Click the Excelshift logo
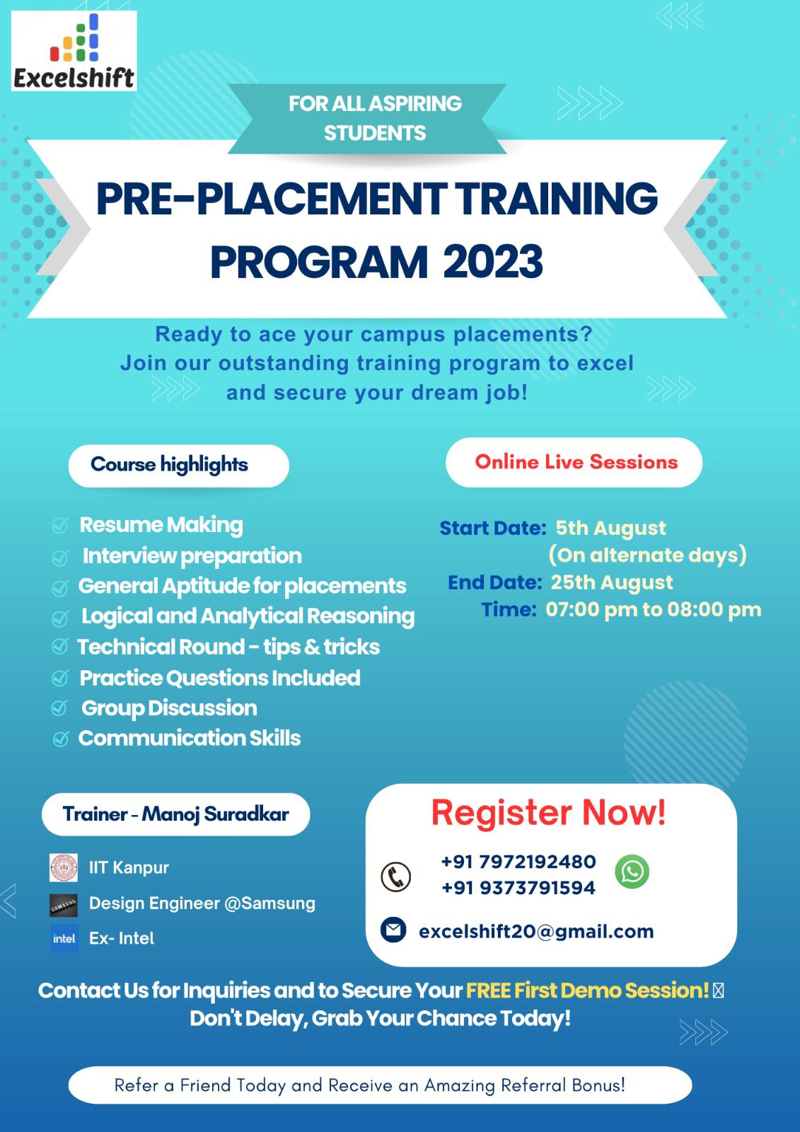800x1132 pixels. coord(74,50)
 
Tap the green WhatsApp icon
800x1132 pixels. coord(632,871)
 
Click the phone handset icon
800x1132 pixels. coord(395,877)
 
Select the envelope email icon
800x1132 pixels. coord(393,930)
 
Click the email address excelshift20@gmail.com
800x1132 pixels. coord(536,931)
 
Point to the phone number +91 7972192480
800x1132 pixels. coord(518,861)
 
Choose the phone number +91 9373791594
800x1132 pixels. coord(518,887)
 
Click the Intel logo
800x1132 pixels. coord(64,938)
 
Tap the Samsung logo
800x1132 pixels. coord(64,905)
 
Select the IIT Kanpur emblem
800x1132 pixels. coord(64,867)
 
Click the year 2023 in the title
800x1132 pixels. coord(493,262)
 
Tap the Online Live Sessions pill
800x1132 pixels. coord(574,462)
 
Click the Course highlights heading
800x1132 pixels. coord(169,464)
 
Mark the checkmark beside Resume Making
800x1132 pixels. coord(59,526)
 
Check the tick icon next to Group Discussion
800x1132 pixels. coord(59,708)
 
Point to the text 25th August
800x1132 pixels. coord(612,582)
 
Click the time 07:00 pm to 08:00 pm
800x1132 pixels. coord(654,609)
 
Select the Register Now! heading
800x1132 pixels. coord(548,813)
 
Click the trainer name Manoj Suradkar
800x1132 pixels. coord(215,814)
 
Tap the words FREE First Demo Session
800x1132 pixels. coord(586,990)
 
